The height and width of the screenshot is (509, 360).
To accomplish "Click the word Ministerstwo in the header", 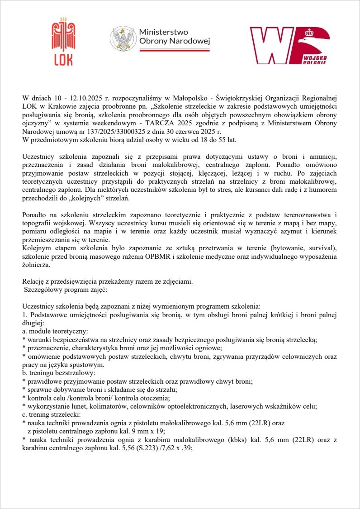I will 163,33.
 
